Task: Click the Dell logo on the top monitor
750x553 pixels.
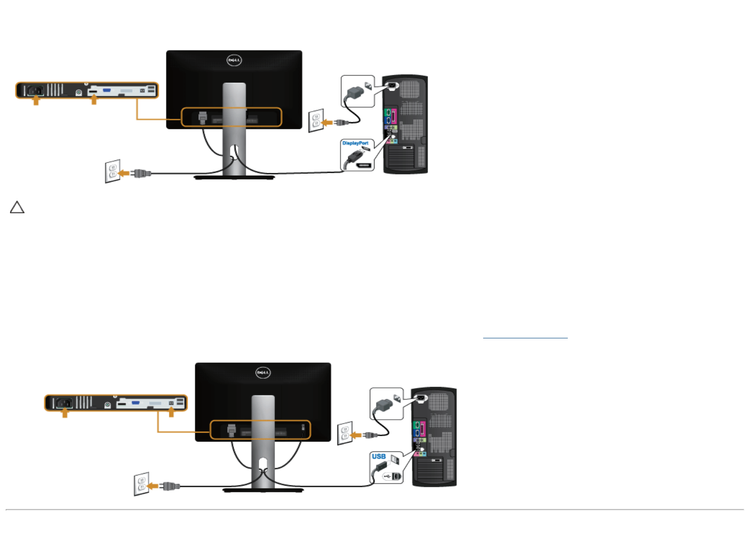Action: point(234,61)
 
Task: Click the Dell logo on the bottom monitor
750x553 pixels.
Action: point(263,373)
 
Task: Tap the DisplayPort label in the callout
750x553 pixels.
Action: point(355,143)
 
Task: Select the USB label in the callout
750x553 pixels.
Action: point(379,456)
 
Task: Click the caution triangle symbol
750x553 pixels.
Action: point(17,207)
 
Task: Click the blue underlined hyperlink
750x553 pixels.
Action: point(525,337)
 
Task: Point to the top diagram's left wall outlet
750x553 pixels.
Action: point(112,171)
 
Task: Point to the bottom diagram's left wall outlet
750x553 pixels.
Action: point(141,484)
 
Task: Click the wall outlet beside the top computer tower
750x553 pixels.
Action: point(316,121)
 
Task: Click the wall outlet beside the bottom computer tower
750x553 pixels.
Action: point(345,433)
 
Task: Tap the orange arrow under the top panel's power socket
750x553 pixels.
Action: point(36,100)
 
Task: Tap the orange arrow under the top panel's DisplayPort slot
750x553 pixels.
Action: point(94,100)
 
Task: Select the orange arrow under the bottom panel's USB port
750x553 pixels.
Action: point(171,412)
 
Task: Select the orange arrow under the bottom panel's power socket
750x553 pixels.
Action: point(65,412)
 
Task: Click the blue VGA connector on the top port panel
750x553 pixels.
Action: point(107,90)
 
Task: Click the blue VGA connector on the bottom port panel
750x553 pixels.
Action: point(136,402)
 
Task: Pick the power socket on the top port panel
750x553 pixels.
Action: point(35,90)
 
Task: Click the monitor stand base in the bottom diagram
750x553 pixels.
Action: point(263,490)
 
